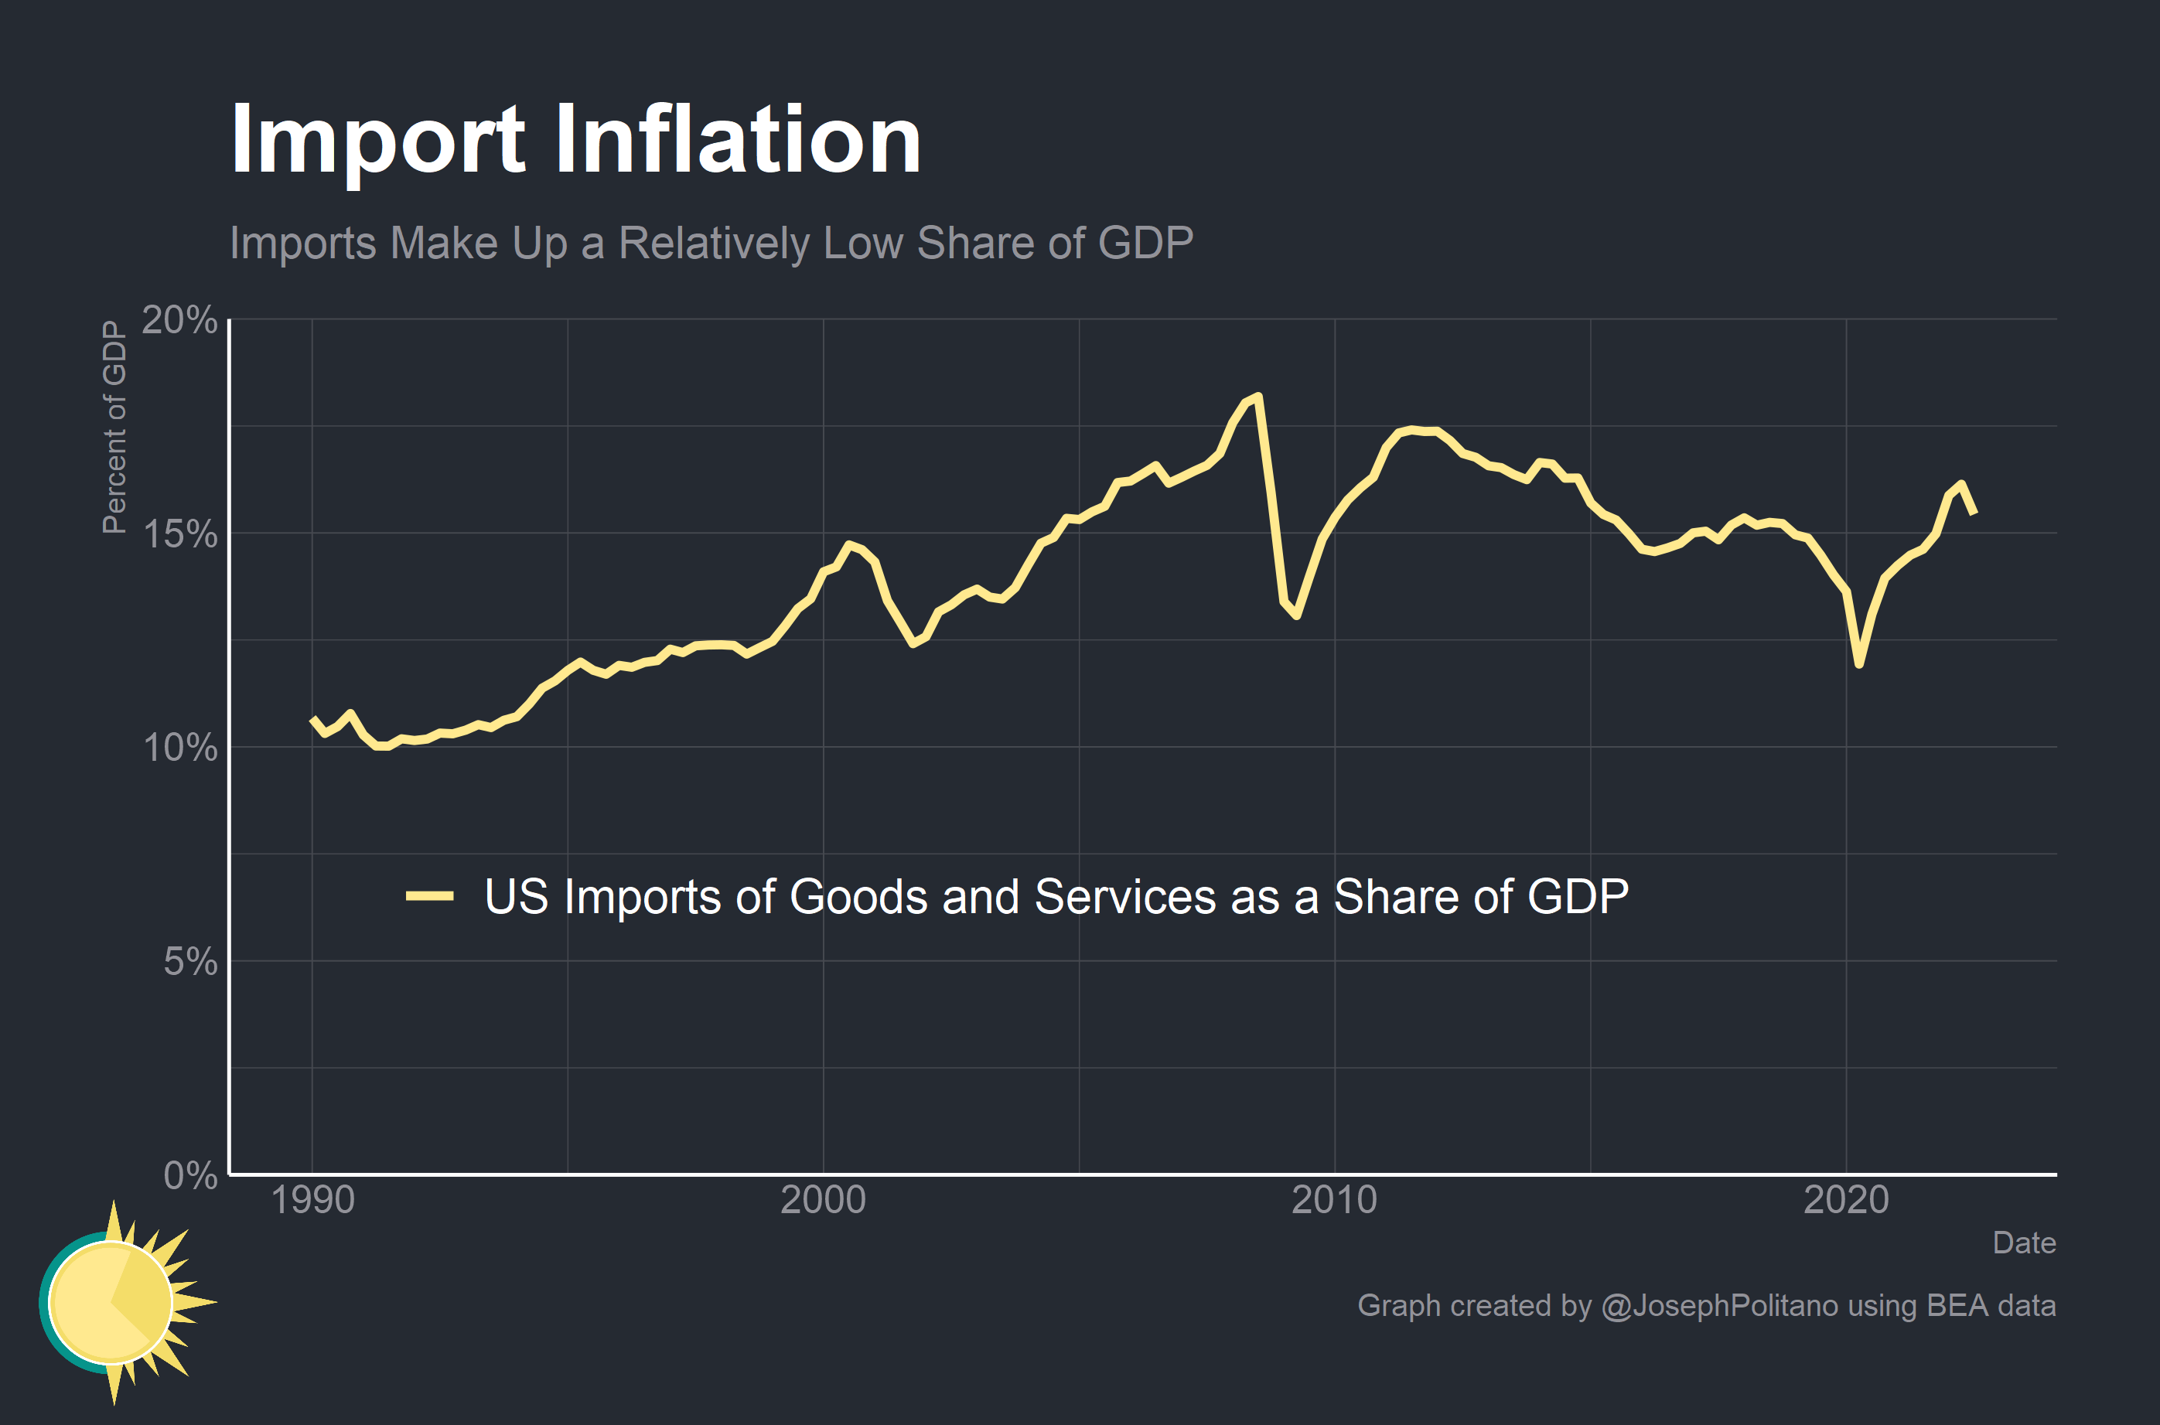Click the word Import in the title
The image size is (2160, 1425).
point(377,141)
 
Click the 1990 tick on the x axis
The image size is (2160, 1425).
point(312,1201)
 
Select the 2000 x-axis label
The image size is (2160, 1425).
point(824,1201)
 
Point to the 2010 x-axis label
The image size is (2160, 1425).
point(1334,1201)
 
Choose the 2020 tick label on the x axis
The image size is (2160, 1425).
point(1845,1201)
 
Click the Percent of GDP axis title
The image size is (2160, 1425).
point(114,427)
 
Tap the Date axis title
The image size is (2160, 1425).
point(2023,1243)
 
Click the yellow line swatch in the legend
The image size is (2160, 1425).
point(429,896)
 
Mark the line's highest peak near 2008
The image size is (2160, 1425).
point(1257,396)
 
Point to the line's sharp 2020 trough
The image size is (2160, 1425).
point(1859,664)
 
